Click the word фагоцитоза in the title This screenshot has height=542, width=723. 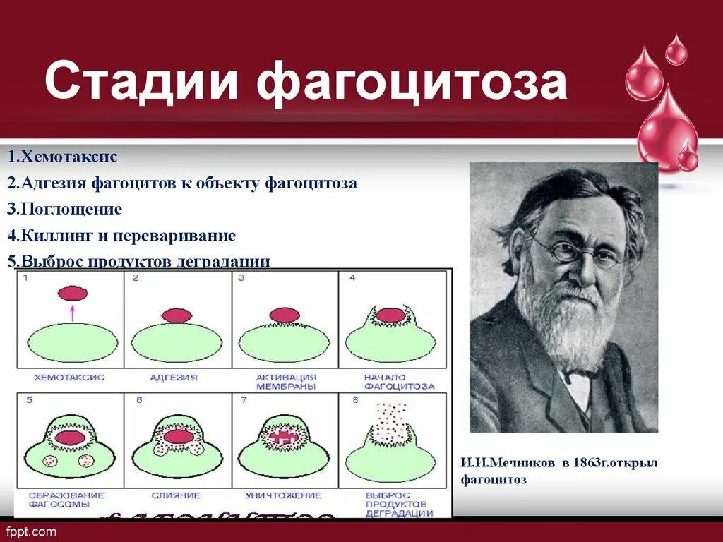pyautogui.click(x=412, y=83)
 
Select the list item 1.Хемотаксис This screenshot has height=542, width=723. pyautogui.click(x=63, y=157)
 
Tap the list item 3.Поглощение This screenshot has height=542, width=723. pyautogui.click(x=65, y=209)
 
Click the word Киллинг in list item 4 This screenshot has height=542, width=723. pyautogui.click(x=52, y=235)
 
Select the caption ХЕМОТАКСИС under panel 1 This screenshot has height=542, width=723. pyautogui.click(x=71, y=378)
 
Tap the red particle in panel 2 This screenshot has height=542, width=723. pyautogui.click(x=177, y=315)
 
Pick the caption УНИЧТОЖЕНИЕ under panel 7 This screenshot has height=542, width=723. pyautogui.click(x=283, y=495)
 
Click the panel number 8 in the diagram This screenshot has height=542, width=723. pyautogui.click(x=352, y=399)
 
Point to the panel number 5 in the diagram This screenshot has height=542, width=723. pyautogui.click(x=29, y=399)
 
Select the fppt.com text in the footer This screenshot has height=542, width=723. pyautogui.click(x=31, y=530)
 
